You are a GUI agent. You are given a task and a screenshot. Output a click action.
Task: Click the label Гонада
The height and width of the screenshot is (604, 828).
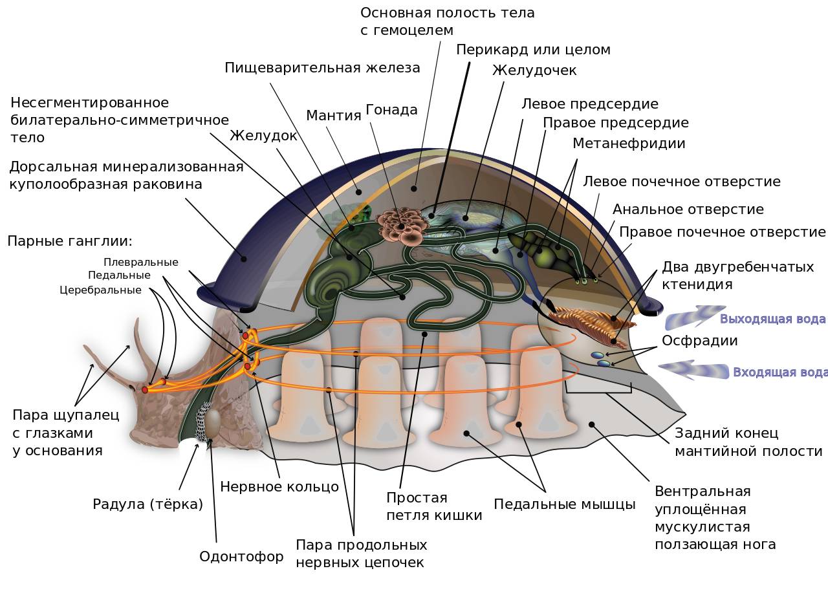click(391, 110)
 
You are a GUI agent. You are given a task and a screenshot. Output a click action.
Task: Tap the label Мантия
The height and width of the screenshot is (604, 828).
click(333, 116)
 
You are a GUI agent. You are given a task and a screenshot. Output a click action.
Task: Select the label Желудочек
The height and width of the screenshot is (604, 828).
click(534, 70)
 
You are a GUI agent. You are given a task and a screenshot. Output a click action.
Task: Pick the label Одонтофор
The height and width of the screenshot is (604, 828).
click(241, 557)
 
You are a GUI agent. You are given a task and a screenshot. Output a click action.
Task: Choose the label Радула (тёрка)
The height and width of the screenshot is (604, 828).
click(147, 504)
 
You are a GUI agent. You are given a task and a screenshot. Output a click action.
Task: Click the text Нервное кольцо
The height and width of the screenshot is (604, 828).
click(279, 487)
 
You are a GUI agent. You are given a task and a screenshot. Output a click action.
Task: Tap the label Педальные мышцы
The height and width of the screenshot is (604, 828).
click(564, 504)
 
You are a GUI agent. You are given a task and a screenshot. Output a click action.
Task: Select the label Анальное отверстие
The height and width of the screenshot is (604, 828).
click(688, 210)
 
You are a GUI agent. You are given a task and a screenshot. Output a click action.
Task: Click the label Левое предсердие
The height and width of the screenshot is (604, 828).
click(589, 104)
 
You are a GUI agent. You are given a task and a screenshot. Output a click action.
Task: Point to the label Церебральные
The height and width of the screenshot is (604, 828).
click(100, 290)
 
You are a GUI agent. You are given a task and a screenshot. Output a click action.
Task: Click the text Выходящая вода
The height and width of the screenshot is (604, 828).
click(772, 319)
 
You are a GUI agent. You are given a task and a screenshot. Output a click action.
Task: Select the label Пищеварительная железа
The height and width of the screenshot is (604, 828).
click(322, 68)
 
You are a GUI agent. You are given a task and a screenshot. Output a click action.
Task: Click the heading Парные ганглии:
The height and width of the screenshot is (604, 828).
click(70, 242)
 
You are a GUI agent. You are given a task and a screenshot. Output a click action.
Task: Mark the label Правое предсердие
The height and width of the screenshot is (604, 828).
click(615, 123)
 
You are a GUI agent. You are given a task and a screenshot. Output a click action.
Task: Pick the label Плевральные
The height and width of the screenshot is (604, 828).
click(140, 262)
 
